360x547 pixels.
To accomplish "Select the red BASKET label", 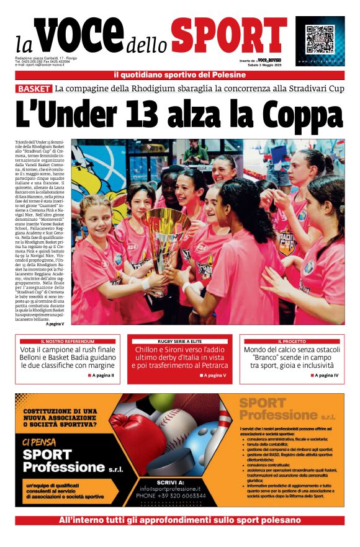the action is (34, 89).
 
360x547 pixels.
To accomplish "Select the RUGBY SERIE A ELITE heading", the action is (180, 341).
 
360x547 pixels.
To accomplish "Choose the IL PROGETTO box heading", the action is (292, 341).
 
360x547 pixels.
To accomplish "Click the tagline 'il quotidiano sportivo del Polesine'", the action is (180, 76).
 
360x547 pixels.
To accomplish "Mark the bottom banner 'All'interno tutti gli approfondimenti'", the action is (180, 520).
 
